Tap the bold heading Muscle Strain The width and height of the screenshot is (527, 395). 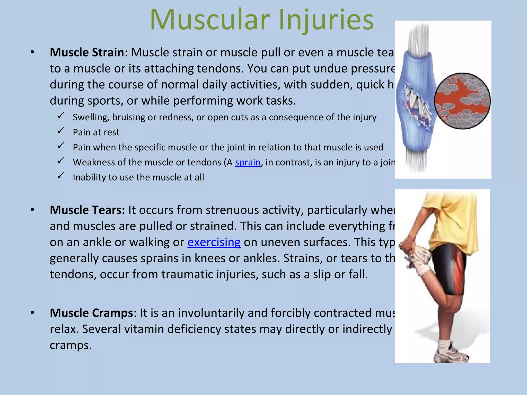[87, 52]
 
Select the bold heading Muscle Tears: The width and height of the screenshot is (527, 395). [87, 210]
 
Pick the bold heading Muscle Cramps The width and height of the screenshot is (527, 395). [91, 313]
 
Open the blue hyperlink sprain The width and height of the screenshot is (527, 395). [248, 163]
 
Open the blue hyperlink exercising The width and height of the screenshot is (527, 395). [214, 242]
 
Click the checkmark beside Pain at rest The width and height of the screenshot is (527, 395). [60, 131]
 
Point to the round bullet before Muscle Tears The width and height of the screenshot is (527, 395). [32, 210]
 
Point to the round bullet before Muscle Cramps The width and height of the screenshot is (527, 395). [32, 313]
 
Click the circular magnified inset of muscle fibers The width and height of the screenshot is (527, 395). [462, 101]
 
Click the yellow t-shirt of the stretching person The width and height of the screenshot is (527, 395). [453, 221]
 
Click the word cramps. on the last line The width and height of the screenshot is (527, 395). [71, 345]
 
